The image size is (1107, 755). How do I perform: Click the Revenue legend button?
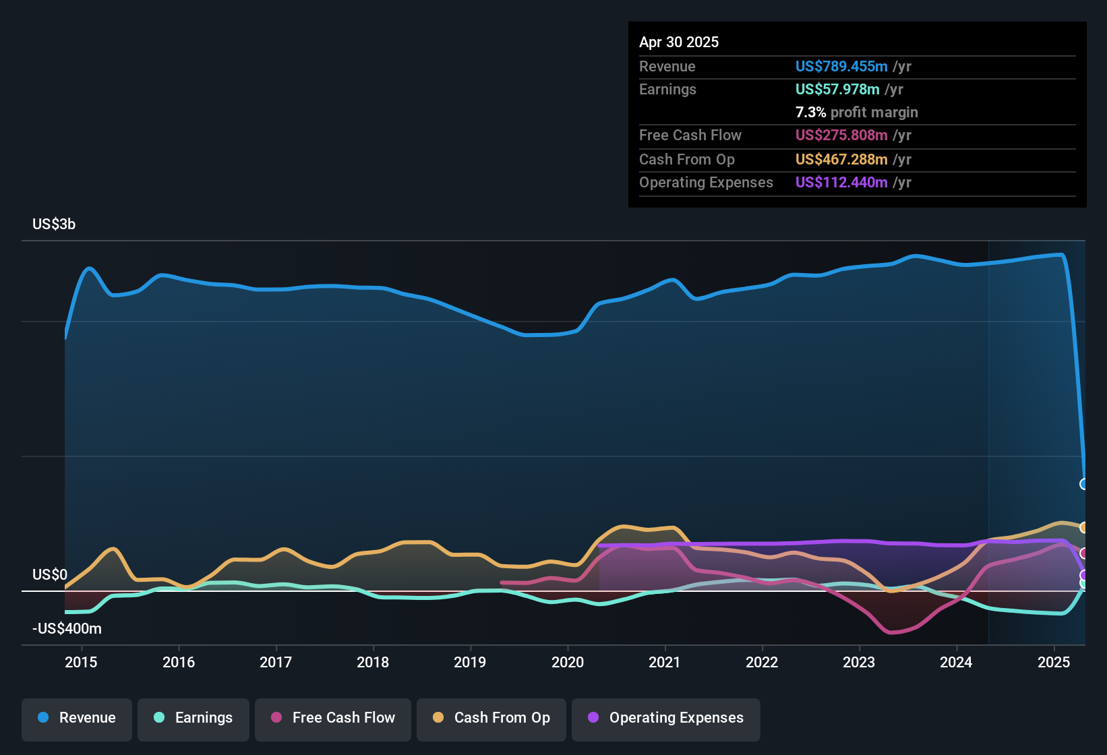point(77,718)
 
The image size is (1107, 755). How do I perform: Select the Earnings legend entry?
point(193,718)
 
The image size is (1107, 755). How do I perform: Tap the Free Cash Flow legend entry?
point(333,718)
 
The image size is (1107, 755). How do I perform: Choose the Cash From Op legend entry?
point(491,718)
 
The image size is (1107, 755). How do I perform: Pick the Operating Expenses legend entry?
point(666,718)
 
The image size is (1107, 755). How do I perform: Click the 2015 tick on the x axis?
point(81,662)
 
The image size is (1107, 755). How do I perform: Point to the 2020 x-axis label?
point(568,662)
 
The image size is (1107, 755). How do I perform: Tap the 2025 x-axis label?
point(1054,662)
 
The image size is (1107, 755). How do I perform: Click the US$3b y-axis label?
point(54,224)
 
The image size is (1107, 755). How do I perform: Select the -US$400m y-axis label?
point(67,629)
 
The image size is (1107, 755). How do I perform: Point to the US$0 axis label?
point(50,575)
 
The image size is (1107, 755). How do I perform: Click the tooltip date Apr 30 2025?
point(679,42)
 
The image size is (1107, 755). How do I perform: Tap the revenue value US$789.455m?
point(841,66)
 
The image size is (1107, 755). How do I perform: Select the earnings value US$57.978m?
point(837,89)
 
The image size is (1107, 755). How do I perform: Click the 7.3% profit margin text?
point(856,112)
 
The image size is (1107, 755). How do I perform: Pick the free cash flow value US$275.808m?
point(841,135)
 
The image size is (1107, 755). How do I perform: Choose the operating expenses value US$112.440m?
point(841,182)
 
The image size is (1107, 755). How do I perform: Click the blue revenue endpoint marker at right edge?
point(1083,484)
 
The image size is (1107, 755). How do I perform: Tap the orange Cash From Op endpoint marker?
point(1083,527)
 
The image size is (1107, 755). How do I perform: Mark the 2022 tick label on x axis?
point(762,662)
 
